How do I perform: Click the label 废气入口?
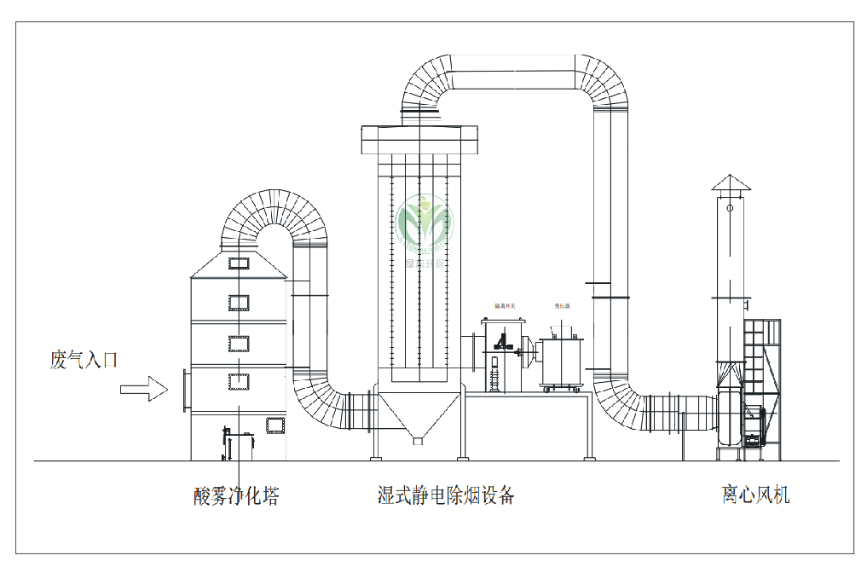83,361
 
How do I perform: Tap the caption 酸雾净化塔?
236,495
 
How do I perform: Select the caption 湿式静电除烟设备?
446,495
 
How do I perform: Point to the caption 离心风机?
755,495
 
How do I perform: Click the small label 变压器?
562,305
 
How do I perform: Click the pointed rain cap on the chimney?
730,182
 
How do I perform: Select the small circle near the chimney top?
730,207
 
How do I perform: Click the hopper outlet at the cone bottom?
417,441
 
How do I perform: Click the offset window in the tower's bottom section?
275,424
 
